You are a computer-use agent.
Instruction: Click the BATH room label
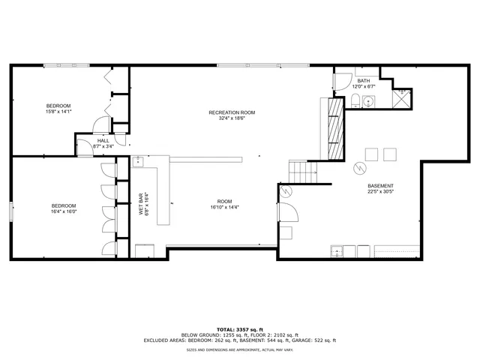point(364,80)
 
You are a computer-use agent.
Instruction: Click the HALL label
point(103,140)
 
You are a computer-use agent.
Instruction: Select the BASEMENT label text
point(380,186)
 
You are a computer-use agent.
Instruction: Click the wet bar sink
point(138,161)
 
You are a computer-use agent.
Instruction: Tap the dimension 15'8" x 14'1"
point(58,112)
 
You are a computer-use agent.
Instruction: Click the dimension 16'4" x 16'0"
point(64,211)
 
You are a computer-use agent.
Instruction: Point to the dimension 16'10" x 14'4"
point(225,206)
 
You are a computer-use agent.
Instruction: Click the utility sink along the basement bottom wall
point(337,250)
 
